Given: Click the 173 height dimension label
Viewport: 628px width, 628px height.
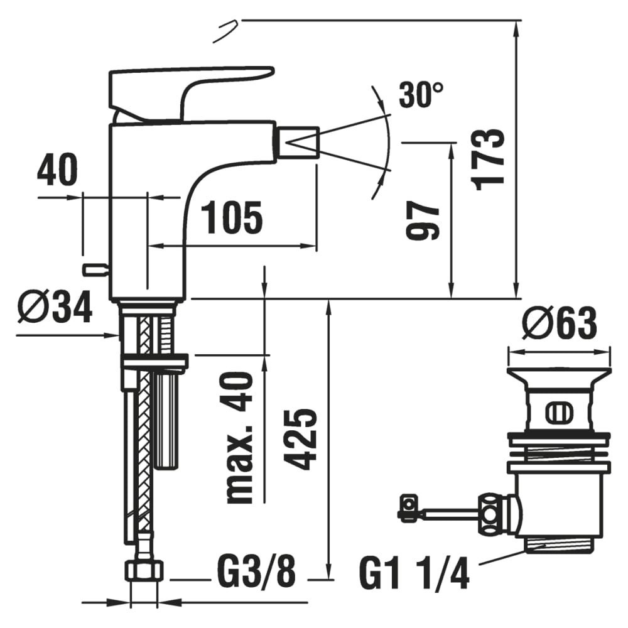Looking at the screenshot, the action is click(487, 160).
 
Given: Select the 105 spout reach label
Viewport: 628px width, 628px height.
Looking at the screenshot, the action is click(232, 217).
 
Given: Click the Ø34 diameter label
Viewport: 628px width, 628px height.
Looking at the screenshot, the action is click(55, 307).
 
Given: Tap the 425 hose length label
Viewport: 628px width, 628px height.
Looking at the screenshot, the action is click(303, 439).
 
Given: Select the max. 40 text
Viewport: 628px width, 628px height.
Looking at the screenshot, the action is click(239, 437).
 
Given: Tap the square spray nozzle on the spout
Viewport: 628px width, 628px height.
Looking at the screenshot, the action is click(298, 143).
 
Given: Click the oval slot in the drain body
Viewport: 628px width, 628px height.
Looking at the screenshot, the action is click(559, 412).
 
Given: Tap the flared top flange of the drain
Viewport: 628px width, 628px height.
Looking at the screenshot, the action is click(560, 377).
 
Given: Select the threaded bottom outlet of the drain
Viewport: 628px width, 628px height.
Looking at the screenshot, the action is click(559, 544).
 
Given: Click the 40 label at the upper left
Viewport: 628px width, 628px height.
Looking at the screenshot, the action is click(57, 170).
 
